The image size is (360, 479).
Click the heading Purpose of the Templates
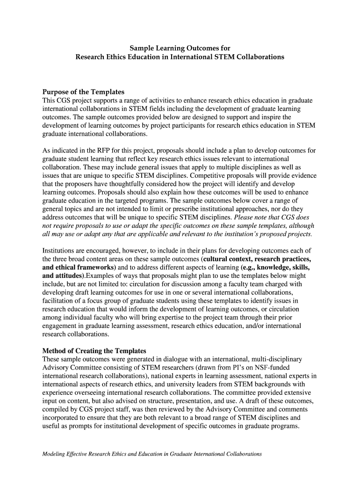pyautogui.click(x=83, y=92)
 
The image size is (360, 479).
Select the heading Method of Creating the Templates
pyautogui.click(x=94, y=350)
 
